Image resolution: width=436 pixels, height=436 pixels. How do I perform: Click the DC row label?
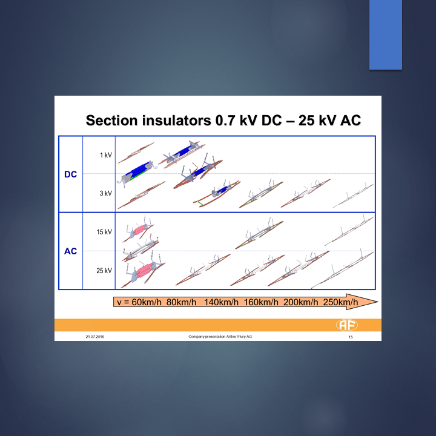tap(70, 174)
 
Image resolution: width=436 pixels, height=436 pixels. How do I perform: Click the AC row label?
tap(70, 251)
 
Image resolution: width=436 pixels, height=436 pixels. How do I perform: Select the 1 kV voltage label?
tap(106, 155)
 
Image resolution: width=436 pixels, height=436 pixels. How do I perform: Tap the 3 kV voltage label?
tap(106, 193)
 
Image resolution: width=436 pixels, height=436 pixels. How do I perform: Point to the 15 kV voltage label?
tap(104, 232)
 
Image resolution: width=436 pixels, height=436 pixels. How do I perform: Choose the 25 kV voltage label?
tap(104, 271)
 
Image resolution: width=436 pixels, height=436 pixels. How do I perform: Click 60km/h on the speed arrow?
tap(147, 302)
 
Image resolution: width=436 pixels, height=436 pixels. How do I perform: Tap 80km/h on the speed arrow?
tap(181, 302)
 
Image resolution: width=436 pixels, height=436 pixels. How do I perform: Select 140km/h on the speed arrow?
tap(221, 302)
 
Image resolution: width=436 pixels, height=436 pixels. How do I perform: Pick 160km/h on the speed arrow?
tap(261, 302)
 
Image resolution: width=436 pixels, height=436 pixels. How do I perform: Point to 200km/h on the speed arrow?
tap(300, 302)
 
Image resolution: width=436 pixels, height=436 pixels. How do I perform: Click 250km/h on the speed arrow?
tap(340, 302)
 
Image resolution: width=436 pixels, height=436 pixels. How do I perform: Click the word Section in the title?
tap(112, 121)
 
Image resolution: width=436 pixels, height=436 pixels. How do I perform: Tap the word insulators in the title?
tap(177, 121)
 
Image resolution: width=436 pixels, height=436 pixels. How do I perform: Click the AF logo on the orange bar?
tap(347, 325)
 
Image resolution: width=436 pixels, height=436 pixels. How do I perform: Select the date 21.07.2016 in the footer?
tap(95, 337)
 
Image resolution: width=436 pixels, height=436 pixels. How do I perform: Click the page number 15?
tap(351, 337)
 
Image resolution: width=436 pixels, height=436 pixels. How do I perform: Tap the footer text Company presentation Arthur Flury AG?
tap(220, 337)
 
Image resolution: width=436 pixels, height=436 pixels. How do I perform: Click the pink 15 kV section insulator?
tap(138, 230)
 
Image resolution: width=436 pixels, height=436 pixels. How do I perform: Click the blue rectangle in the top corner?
tap(385, 35)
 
